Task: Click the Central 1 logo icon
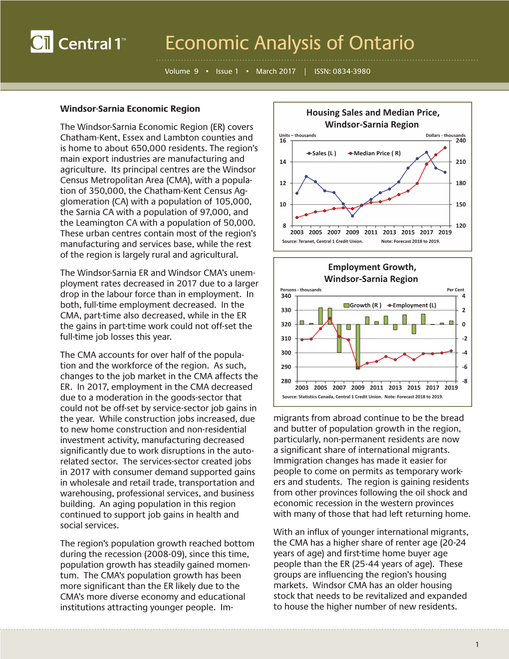(41, 41)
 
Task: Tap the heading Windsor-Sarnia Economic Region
(130, 109)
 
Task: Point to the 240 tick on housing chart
(461, 141)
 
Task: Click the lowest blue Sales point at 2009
(352, 216)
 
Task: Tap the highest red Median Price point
(445, 148)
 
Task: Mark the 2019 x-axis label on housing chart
(445, 232)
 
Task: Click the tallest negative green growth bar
(358, 346)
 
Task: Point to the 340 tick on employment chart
(286, 296)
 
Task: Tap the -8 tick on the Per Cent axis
(464, 381)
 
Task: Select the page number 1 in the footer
(477, 645)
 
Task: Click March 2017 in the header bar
(275, 71)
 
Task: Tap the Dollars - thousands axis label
(445, 135)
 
